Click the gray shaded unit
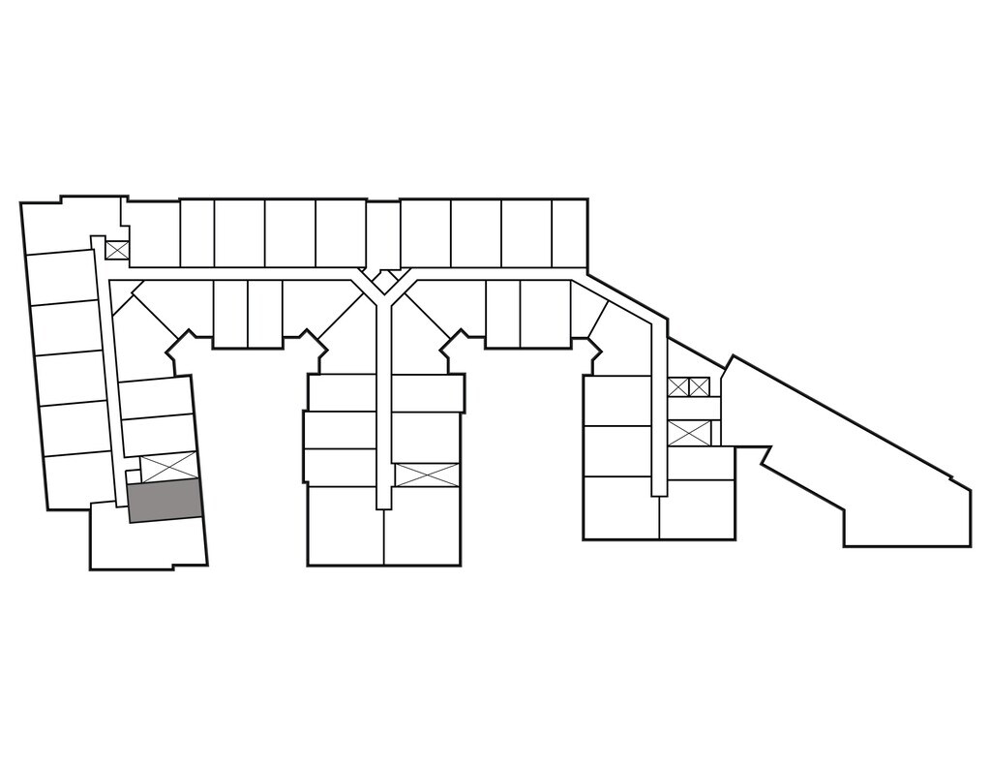(165, 502)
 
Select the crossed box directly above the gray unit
(169, 467)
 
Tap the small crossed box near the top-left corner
(117, 250)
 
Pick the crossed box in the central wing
(426, 475)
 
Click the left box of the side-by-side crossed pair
(677, 387)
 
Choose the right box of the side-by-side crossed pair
(699, 387)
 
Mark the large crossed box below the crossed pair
(689, 433)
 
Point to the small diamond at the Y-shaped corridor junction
(384, 282)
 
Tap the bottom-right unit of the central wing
(422, 526)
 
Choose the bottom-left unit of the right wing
(620, 507)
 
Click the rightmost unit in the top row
(569, 232)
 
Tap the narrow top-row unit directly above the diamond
(383, 232)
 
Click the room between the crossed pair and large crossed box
(694, 409)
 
